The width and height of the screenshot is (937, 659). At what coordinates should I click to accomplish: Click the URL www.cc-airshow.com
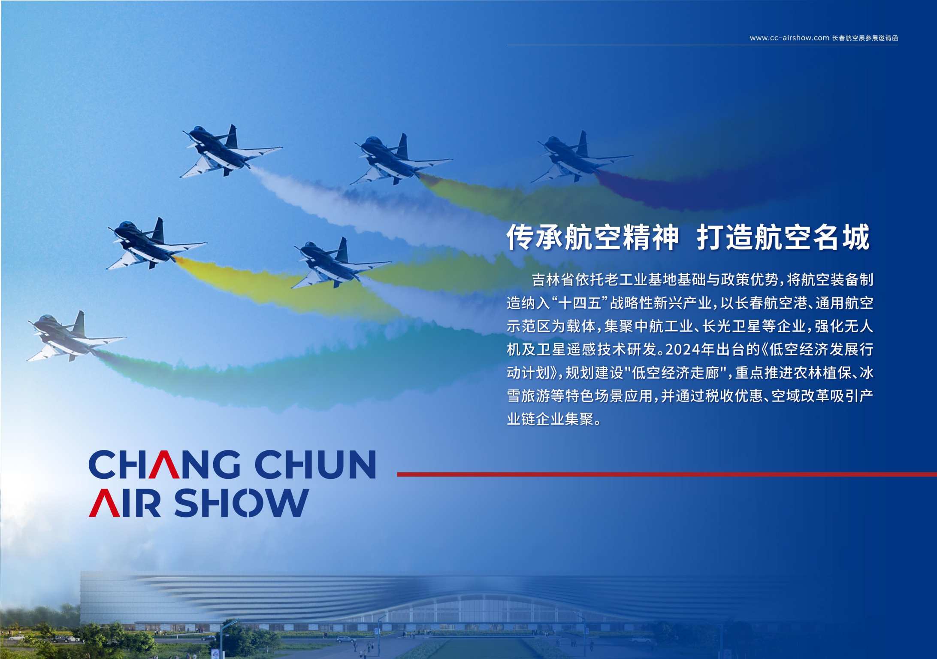[x=789, y=38]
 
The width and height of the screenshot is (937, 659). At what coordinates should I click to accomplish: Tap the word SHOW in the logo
[x=242, y=502]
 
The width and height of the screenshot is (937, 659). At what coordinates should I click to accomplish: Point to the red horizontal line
[x=667, y=474]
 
